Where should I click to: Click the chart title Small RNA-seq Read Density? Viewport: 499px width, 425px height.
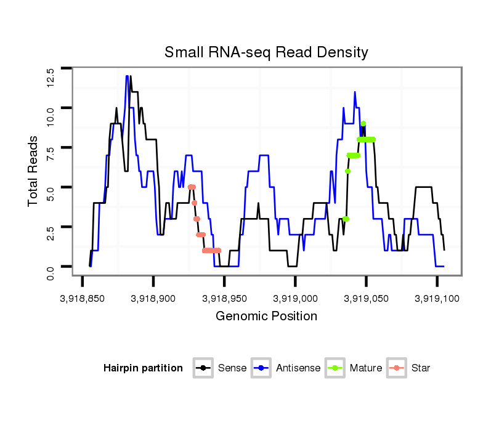click(x=266, y=52)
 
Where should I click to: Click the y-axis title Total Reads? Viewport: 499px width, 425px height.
click(x=34, y=170)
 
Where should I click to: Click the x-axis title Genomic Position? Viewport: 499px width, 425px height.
click(x=266, y=317)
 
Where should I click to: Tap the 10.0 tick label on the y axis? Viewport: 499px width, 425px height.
click(x=51, y=115)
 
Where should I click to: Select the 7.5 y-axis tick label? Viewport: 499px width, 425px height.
click(x=51, y=154)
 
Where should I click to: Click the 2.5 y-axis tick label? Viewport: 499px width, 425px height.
click(x=51, y=233)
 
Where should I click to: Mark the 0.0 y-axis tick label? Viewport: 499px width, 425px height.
click(x=51, y=271)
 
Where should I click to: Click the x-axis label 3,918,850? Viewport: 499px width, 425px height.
click(x=83, y=298)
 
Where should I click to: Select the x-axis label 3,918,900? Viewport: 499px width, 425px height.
click(x=153, y=298)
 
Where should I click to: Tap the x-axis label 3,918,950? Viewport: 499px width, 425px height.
click(x=224, y=298)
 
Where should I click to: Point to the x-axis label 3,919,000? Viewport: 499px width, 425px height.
click(x=295, y=298)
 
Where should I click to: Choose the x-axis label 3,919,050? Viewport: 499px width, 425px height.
click(x=367, y=298)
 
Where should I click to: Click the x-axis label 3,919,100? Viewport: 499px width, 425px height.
click(x=437, y=298)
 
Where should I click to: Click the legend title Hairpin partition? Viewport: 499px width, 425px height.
click(x=143, y=368)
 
